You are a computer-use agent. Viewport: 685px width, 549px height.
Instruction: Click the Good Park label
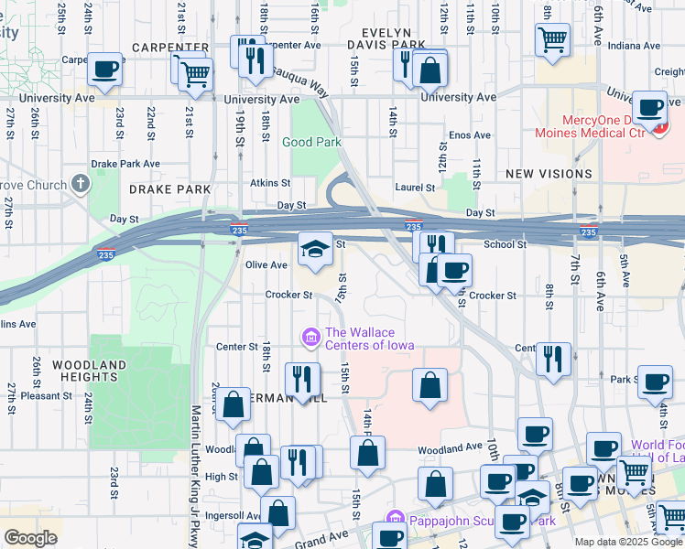tap(311, 142)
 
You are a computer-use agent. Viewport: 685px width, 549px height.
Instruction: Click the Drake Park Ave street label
tap(125, 164)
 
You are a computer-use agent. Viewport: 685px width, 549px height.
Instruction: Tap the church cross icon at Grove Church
tap(81, 184)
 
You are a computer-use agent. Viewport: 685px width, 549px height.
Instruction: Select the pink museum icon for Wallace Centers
tap(311, 339)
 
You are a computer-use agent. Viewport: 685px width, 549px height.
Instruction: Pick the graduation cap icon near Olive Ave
tap(314, 248)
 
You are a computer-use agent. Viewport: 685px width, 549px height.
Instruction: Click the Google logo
tap(30, 538)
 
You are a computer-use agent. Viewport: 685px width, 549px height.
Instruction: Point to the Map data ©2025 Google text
tap(628, 542)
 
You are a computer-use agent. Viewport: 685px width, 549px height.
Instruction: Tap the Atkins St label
tap(270, 183)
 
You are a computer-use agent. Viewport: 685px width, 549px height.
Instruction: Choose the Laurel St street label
tap(415, 188)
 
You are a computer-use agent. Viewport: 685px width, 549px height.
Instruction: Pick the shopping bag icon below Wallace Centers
tap(429, 385)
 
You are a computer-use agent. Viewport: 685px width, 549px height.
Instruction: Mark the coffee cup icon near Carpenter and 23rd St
tap(105, 68)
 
